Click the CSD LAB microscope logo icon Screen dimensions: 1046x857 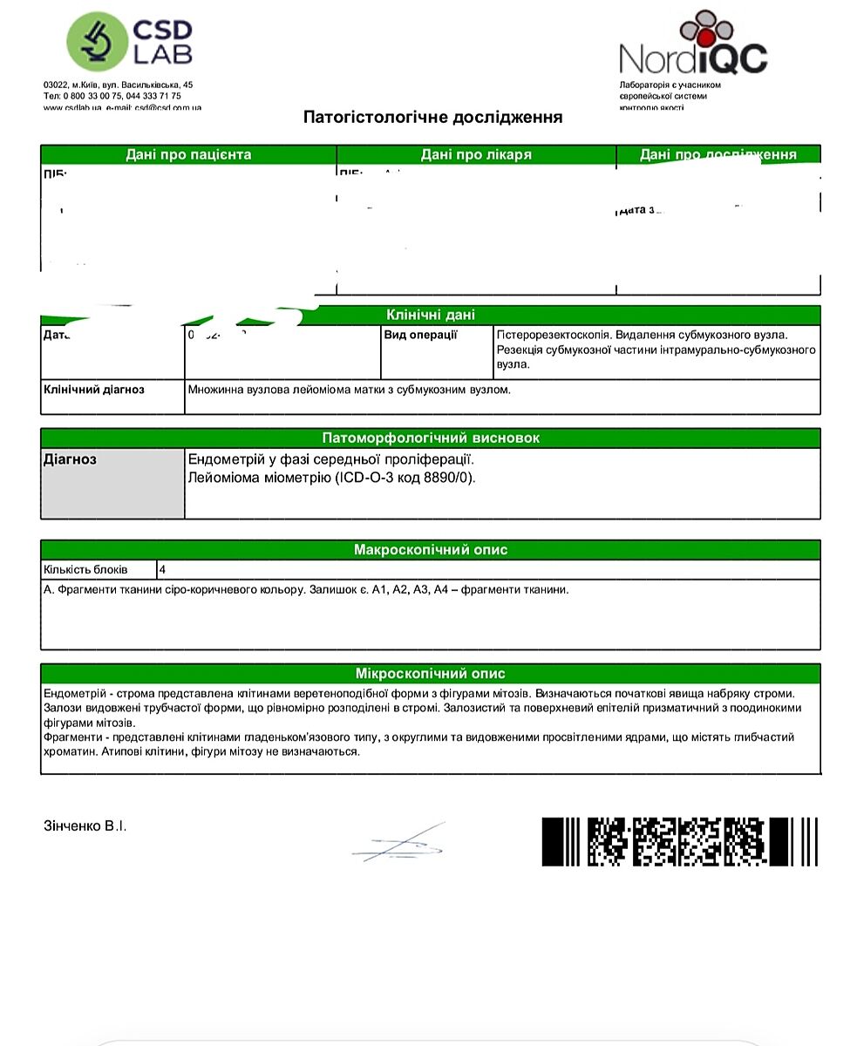[94, 42]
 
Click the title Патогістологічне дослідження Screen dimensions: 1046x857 [432, 117]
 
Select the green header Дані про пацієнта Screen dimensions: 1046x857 [188, 154]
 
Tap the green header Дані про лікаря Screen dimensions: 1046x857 [476, 154]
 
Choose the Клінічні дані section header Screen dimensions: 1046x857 [431, 315]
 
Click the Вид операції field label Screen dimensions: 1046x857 [420, 335]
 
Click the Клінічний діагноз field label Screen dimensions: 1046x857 [94, 390]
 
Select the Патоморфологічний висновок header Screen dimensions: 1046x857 [431, 438]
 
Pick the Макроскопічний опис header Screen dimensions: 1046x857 [431, 550]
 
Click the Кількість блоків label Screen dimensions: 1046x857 [85, 569]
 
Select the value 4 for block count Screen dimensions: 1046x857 [163, 569]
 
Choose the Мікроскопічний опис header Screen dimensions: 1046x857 [431, 674]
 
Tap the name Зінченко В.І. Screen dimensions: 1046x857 [85, 825]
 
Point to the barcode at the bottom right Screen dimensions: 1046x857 [679, 841]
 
